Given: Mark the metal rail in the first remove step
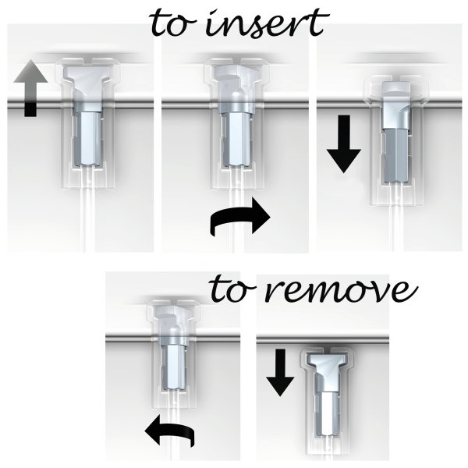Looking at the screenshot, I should (x=133, y=339).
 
